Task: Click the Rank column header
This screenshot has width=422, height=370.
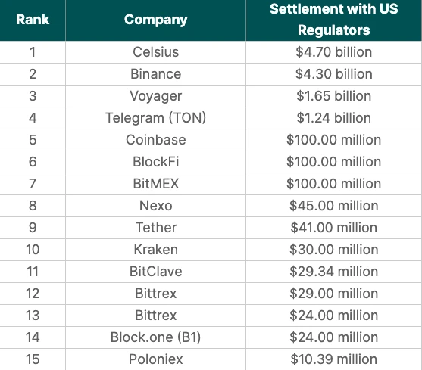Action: pos(33,20)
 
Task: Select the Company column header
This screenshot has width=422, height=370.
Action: pos(155,20)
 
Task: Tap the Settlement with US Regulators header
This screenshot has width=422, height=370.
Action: pos(333,20)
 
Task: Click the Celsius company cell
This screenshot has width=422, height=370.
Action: pos(155,52)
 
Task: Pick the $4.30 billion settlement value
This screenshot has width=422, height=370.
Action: pos(333,74)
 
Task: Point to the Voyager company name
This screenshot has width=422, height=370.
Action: pos(155,96)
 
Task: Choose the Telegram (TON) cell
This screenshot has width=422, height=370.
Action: pos(155,118)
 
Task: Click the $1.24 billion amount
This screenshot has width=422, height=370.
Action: pos(333,118)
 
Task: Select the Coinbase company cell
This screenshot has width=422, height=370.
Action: pos(155,140)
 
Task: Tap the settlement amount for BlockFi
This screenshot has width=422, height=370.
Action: pos(333,162)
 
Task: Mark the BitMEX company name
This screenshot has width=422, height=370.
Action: pos(155,184)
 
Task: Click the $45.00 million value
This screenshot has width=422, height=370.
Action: pos(333,206)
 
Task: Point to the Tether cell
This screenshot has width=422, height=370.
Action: pos(155,228)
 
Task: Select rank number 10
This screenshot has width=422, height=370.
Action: pos(33,250)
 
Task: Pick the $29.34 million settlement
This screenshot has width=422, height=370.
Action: pos(333,272)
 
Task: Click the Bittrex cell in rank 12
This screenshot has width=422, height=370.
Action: pos(155,294)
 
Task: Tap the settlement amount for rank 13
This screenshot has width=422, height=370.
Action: pos(333,316)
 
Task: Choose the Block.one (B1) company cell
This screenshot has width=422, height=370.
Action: pos(155,337)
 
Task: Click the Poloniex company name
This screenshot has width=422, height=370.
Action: pos(155,359)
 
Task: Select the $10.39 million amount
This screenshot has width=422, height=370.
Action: pos(333,359)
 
